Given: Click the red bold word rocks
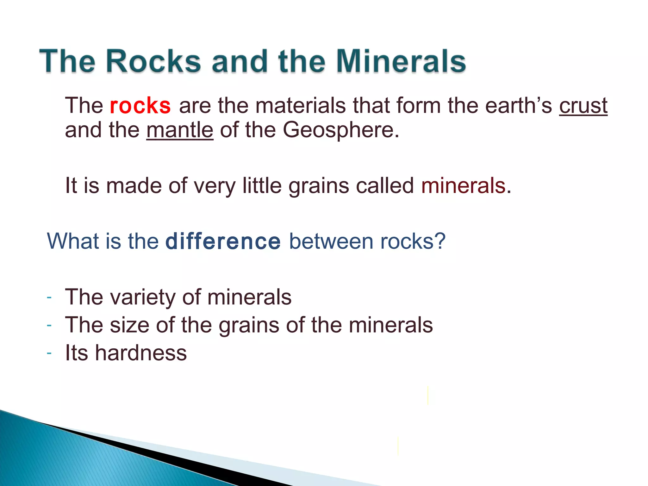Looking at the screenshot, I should click(x=140, y=106).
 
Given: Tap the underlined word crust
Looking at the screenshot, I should click(x=583, y=106).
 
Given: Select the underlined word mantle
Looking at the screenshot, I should click(x=180, y=130).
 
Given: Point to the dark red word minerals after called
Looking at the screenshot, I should click(x=463, y=186).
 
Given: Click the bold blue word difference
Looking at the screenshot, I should click(x=223, y=241).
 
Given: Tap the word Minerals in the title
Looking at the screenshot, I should click(x=401, y=61).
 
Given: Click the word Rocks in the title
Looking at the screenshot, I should click(x=153, y=61).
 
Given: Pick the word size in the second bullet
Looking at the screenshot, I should click(x=129, y=325).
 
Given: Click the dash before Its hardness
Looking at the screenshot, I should click(x=49, y=353).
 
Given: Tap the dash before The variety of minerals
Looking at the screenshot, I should click(x=49, y=297).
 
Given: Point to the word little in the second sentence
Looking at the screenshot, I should click(x=262, y=186).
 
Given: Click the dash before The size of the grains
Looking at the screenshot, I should click(x=49, y=325).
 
